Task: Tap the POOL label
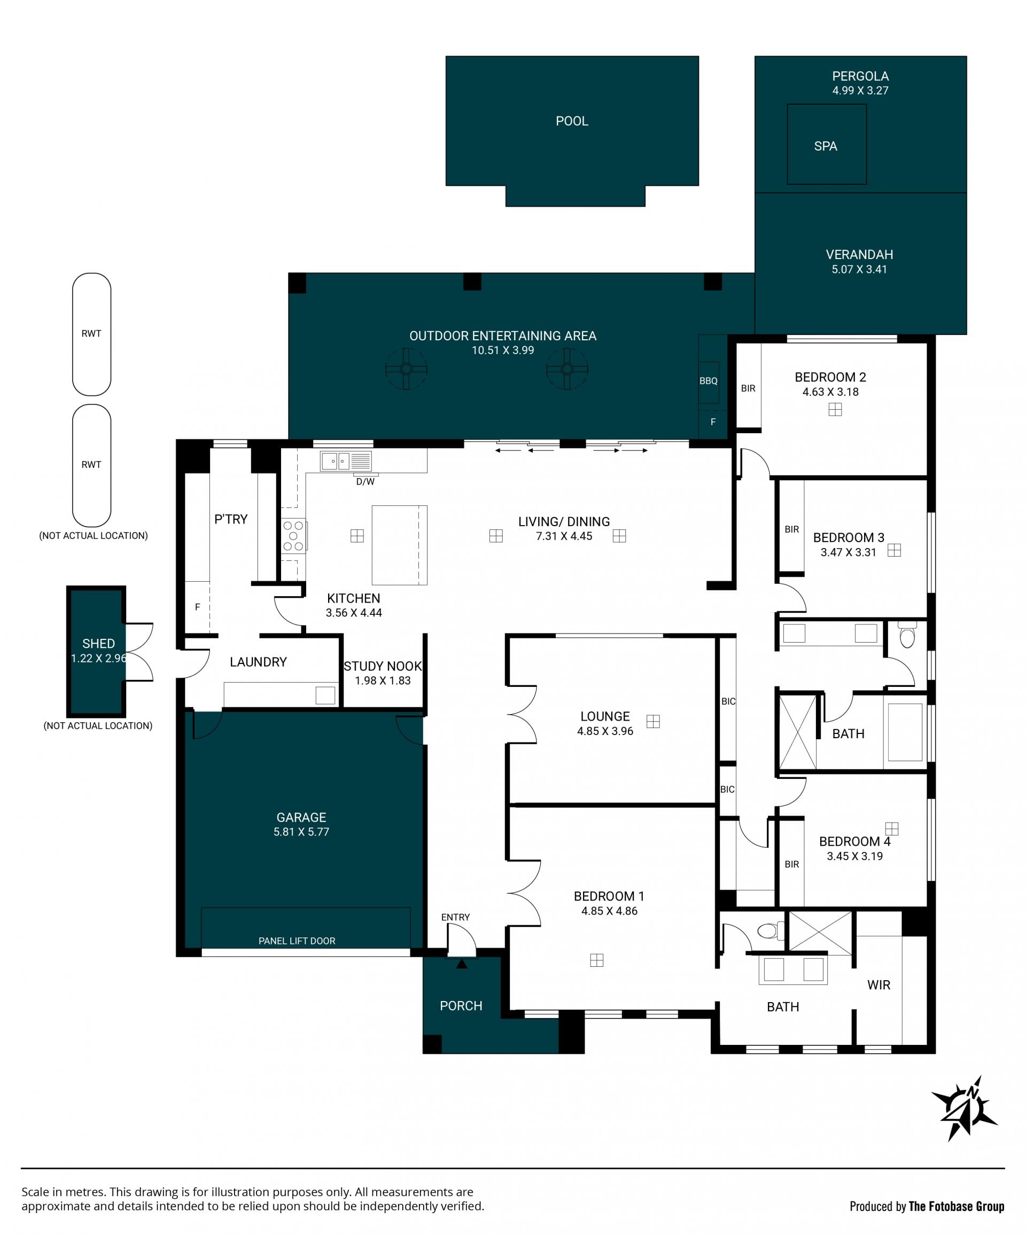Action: [x=572, y=121]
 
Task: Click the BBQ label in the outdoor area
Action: [x=709, y=381]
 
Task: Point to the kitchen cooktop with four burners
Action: [x=293, y=536]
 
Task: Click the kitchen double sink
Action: [x=336, y=461]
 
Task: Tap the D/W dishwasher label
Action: [x=366, y=482]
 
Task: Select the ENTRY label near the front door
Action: [x=455, y=917]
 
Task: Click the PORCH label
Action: [x=461, y=1006]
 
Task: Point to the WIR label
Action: [x=879, y=984]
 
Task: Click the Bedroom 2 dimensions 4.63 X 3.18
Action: [x=830, y=392]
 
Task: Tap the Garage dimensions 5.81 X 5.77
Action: [x=301, y=832]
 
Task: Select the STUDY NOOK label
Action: [x=383, y=666]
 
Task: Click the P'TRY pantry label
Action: [x=231, y=519]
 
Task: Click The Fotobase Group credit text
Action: [x=957, y=1206]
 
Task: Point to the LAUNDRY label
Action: [x=258, y=662]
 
